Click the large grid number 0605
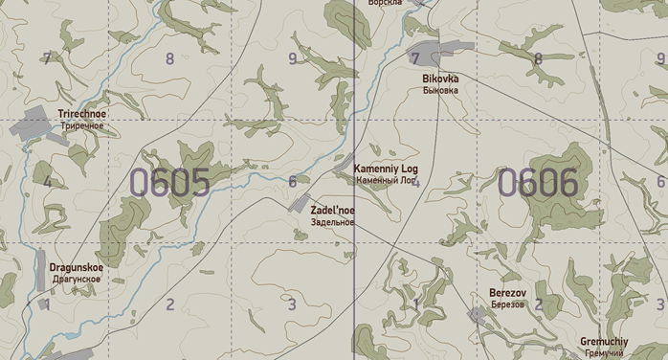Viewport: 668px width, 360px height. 169,182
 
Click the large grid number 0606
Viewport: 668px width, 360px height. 538,182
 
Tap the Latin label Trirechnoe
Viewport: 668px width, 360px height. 83,114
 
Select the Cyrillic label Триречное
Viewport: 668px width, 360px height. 81,126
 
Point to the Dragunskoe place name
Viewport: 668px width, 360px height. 77,268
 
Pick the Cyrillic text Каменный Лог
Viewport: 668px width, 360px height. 386,180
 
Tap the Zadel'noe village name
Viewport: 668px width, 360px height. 332,211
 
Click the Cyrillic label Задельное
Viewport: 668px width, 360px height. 332,222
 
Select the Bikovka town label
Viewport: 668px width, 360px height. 440,79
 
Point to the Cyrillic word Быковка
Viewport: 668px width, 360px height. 440,90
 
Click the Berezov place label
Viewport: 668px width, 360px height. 507,292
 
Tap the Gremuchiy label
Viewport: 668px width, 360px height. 604,342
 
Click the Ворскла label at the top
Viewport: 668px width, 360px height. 385,4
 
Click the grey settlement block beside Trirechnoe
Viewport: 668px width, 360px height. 36,122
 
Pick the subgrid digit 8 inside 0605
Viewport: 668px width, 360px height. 170,58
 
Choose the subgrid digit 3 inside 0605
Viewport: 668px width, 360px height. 292,305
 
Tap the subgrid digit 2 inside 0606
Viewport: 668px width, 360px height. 538,304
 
